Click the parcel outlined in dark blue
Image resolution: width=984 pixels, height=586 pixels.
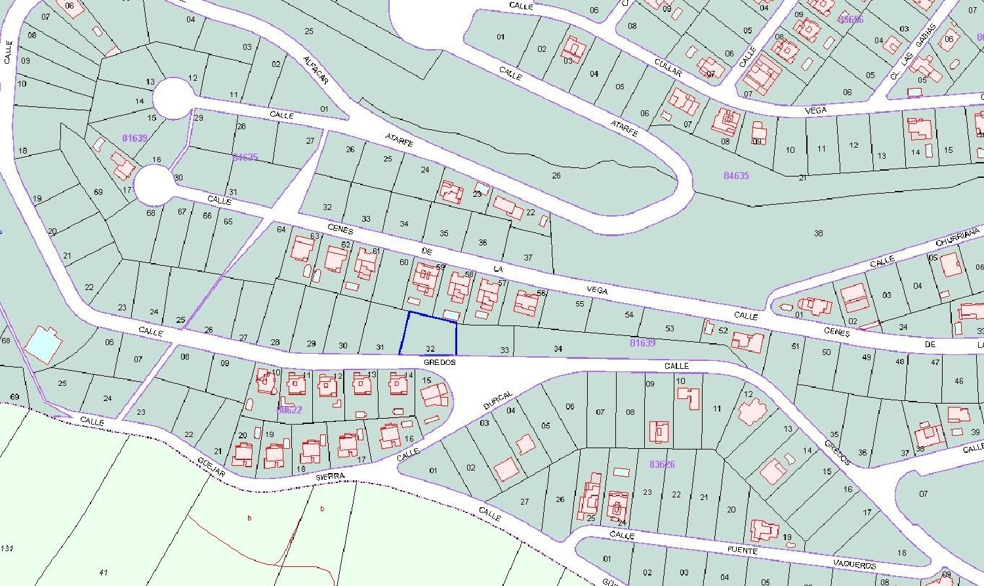[x=429, y=334]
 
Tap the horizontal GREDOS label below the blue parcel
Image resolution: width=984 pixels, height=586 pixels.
[x=439, y=362]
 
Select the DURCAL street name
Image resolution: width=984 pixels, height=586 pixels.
[x=497, y=400]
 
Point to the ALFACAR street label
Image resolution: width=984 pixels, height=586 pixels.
[x=316, y=70]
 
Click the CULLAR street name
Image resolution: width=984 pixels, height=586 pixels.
[x=668, y=67]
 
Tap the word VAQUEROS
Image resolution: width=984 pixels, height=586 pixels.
[x=855, y=564]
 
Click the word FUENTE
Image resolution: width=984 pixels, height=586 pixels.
[x=743, y=550]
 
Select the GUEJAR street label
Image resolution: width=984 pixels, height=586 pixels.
[x=211, y=467]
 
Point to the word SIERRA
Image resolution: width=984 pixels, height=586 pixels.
[x=330, y=476]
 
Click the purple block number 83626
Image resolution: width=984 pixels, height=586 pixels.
[x=662, y=464]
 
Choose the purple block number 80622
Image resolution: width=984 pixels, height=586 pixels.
[x=289, y=409]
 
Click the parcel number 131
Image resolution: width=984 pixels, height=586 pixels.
[x=7, y=549]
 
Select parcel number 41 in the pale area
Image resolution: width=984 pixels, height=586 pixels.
[x=103, y=572]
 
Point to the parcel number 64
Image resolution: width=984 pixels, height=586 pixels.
[x=281, y=229]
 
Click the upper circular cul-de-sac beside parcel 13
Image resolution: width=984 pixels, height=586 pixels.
[x=173, y=98]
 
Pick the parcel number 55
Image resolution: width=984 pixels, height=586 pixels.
[x=579, y=304]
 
